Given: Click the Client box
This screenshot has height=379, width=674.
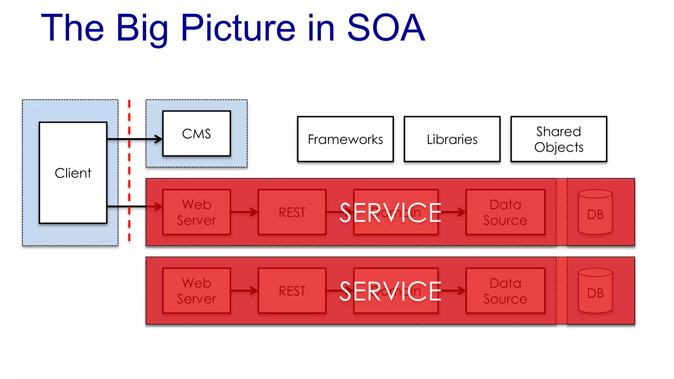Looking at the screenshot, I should (73, 173).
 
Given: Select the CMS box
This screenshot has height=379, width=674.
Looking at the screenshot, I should (196, 134).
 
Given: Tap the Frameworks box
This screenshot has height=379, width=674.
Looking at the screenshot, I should (345, 139).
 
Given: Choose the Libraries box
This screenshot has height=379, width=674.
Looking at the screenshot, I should (452, 139).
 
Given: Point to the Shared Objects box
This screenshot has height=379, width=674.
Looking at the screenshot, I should (558, 139).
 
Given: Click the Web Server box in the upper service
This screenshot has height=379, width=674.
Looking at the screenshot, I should (196, 212).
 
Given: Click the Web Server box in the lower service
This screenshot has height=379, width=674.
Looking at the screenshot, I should (196, 291).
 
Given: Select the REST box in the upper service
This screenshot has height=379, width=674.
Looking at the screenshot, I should (292, 212).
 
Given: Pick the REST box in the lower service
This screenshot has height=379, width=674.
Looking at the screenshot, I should (292, 291).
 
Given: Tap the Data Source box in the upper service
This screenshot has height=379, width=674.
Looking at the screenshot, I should (505, 212).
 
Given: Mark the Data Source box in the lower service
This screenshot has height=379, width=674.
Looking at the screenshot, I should (505, 291).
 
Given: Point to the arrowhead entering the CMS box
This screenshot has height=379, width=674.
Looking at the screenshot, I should (159, 139).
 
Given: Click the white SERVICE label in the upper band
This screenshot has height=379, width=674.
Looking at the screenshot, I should (390, 213).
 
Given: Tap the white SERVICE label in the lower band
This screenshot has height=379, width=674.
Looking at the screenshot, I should (390, 291).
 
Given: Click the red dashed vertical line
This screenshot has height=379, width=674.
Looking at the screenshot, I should (129, 171).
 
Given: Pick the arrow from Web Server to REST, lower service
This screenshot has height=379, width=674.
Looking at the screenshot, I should (244, 291).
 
